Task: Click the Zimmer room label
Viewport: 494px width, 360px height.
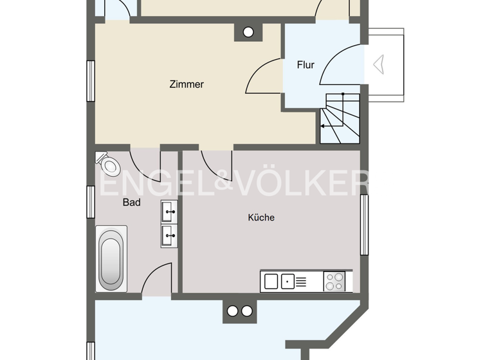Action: pos(187,84)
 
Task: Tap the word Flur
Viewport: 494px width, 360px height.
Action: pos(305,65)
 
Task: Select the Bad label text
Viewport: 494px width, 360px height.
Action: pos(131,202)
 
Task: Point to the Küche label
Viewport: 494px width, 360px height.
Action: pos(261,217)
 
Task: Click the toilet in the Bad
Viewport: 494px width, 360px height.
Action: pos(109,165)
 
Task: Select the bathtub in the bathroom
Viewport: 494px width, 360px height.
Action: pos(111,259)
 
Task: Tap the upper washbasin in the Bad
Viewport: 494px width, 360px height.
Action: pos(170,211)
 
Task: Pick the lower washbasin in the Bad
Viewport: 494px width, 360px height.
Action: pos(170,235)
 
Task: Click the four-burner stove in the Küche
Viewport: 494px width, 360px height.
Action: pos(334,281)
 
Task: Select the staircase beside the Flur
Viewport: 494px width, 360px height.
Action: pos(341,119)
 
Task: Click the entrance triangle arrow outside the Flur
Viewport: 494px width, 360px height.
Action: pos(378,63)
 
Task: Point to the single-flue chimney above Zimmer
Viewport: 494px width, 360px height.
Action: pos(248,31)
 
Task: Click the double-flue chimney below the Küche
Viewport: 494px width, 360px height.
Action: pos(240,311)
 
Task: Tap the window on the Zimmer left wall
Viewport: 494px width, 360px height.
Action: pos(91,80)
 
